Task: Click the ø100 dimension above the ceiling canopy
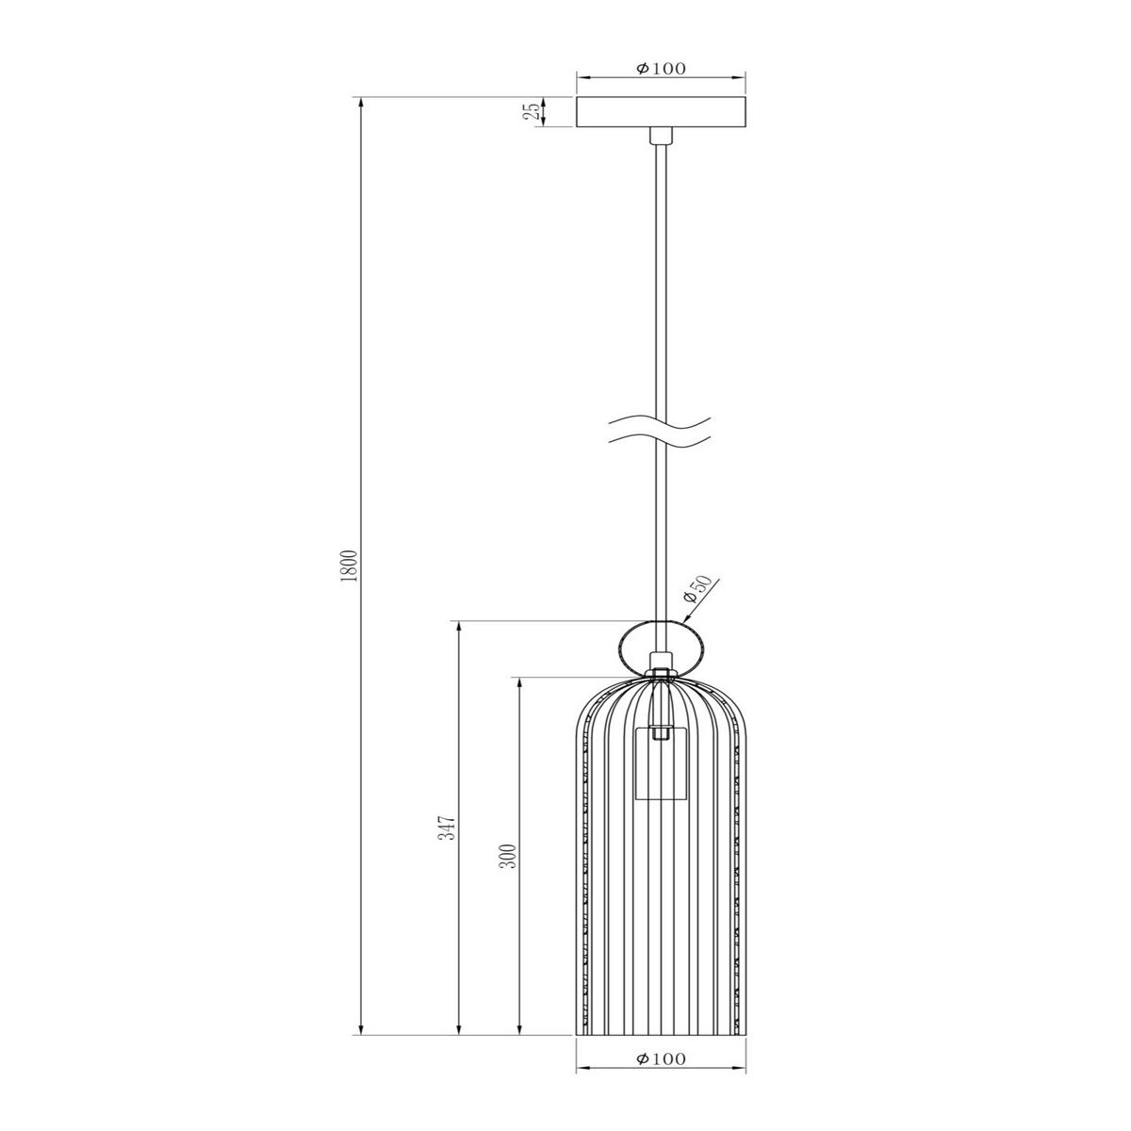pos(660,68)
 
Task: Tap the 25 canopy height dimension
pos(533,112)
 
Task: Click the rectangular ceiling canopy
pos(660,112)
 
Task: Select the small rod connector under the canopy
pos(660,138)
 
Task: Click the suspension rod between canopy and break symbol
pos(660,283)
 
